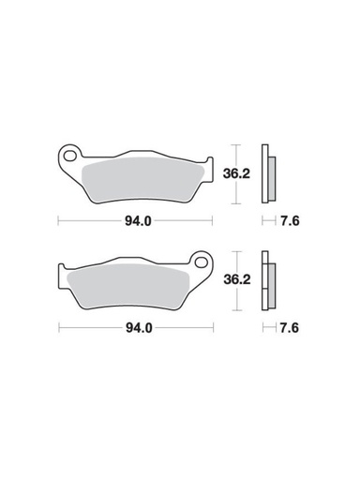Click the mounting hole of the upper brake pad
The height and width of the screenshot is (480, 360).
(70, 151)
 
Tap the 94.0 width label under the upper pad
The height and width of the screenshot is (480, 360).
(137, 221)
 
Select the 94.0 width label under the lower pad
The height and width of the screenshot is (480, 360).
(137, 329)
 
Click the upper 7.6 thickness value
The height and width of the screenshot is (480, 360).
(291, 221)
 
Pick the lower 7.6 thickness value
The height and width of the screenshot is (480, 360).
(291, 329)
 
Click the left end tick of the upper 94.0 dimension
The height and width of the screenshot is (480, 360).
(58, 221)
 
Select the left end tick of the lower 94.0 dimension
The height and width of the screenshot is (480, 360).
(58, 329)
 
